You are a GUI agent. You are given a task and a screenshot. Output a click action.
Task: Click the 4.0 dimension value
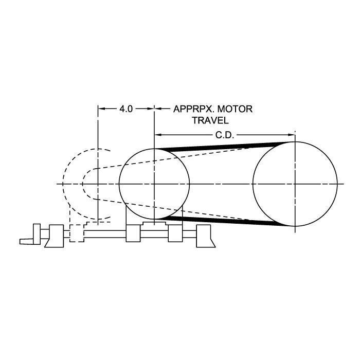pyautogui.click(x=126, y=109)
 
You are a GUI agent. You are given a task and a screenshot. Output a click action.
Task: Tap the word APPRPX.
pyautogui.click(x=193, y=109)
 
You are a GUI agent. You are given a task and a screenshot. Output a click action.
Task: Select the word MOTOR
pyautogui.click(x=235, y=109)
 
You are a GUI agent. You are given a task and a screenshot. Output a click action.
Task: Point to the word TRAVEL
pyautogui.click(x=210, y=120)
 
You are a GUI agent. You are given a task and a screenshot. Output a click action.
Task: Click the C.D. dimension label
pyautogui.click(x=225, y=135)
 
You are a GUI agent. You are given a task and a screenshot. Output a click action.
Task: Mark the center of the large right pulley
pyautogui.click(x=295, y=184)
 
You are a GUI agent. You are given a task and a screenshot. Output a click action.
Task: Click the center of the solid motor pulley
pyautogui.click(x=154, y=184)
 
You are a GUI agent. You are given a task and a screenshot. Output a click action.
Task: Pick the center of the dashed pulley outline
pyautogui.click(x=98, y=184)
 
